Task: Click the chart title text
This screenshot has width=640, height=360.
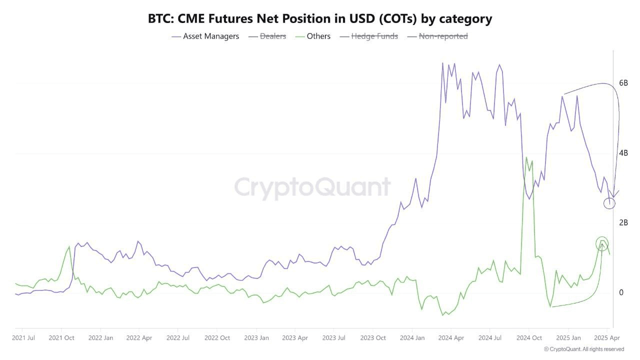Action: [x=320, y=19]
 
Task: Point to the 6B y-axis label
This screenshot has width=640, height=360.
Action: [x=623, y=83]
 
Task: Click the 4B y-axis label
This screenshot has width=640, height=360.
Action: [x=623, y=153]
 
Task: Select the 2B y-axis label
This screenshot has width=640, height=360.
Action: [x=623, y=222]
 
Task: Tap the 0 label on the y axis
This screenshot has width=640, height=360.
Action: [x=621, y=292]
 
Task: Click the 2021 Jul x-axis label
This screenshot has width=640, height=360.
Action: [x=23, y=338]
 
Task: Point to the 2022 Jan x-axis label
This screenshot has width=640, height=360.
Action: [x=101, y=338]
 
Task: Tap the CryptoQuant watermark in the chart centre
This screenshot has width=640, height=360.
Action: [x=312, y=187]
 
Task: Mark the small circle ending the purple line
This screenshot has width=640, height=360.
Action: [x=609, y=203]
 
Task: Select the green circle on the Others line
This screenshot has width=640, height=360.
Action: [x=602, y=243]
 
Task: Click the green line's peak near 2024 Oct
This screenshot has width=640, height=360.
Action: [x=526, y=157]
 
